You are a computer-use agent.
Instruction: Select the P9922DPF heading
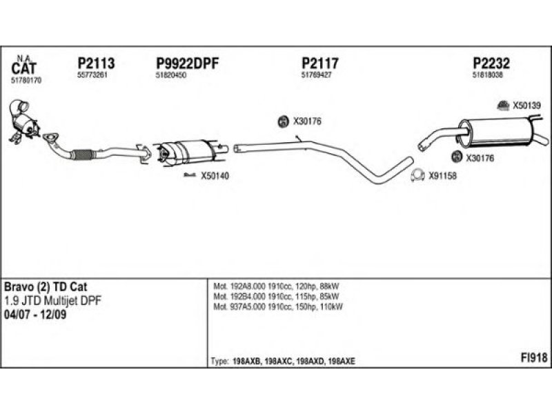188,63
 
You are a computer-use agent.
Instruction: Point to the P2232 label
491,63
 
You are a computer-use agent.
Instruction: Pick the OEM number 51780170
27,81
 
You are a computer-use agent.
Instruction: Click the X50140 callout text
215,177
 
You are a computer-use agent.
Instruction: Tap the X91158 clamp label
442,175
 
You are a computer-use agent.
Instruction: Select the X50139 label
526,106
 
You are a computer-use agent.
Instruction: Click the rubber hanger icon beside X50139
504,106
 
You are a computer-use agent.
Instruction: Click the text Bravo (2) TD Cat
46,286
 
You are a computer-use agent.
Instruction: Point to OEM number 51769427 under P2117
317,75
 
